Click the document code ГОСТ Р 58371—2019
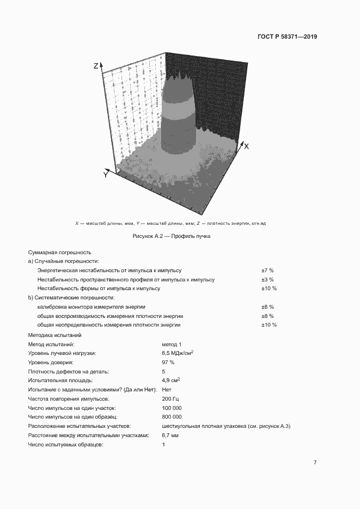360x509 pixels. click(x=286, y=37)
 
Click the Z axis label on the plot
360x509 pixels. click(x=96, y=66)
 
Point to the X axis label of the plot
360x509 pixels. click(x=246, y=146)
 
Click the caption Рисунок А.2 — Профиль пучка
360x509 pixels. click(x=171, y=237)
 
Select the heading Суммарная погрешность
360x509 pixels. click(x=59, y=253)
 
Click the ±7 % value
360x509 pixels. click(x=267, y=270)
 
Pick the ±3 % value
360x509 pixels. click(x=267, y=279)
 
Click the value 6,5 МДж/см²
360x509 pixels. click(x=178, y=353)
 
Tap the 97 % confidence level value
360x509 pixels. click(x=168, y=362)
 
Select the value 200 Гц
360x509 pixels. click(x=170, y=398)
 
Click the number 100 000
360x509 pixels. click(x=172, y=408)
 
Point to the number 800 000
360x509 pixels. click(x=172, y=417)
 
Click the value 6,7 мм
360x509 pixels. click(x=170, y=436)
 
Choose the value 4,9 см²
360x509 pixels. click(x=171, y=380)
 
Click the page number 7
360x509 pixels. click(x=315, y=463)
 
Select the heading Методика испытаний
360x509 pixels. click(x=54, y=335)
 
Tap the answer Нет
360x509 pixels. click(x=167, y=389)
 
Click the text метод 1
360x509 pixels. click(x=172, y=344)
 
